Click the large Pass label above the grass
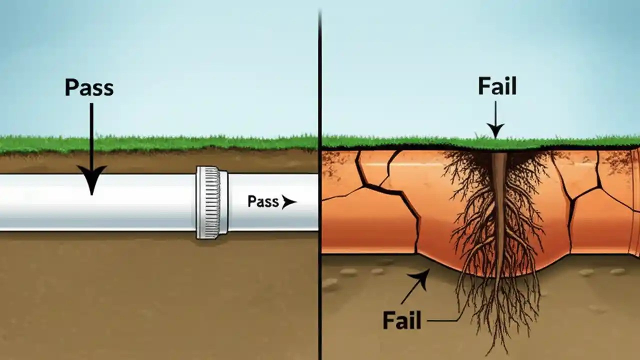[89, 87]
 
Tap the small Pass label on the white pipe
[263, 201]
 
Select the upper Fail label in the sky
[497, 86]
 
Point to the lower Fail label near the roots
[402, 320]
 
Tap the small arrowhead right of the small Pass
[288, 202]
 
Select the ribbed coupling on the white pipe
[212, 202]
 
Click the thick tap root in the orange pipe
[499, 210]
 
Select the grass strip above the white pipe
[150, 144]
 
